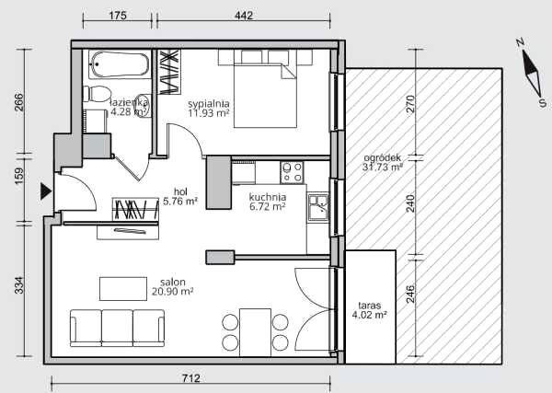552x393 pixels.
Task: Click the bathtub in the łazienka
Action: tap(120, 64)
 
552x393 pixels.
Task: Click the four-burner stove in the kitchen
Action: tap(292, 172)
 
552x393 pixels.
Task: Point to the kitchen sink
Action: tap(318, 207)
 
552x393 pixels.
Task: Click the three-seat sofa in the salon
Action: tap(117, 328)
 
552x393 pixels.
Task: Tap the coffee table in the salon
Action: tap(123, 289)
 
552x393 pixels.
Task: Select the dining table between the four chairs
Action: tap(255, 333)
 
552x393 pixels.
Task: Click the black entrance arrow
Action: tap(46, 191)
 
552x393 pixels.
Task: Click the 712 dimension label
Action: tap(191, 378)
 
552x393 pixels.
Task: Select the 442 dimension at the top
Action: tap(244, 16)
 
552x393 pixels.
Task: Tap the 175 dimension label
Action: tap(118, 16)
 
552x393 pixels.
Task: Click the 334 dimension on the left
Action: tap(19, 285)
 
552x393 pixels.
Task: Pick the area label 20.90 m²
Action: tap(173, 292)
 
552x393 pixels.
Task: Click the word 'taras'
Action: tap(370, 306)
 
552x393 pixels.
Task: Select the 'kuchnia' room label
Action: tap(268, 197)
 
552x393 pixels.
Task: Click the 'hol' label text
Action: tap(180, 192)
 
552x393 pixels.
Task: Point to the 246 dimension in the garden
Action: tap(411, 294)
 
